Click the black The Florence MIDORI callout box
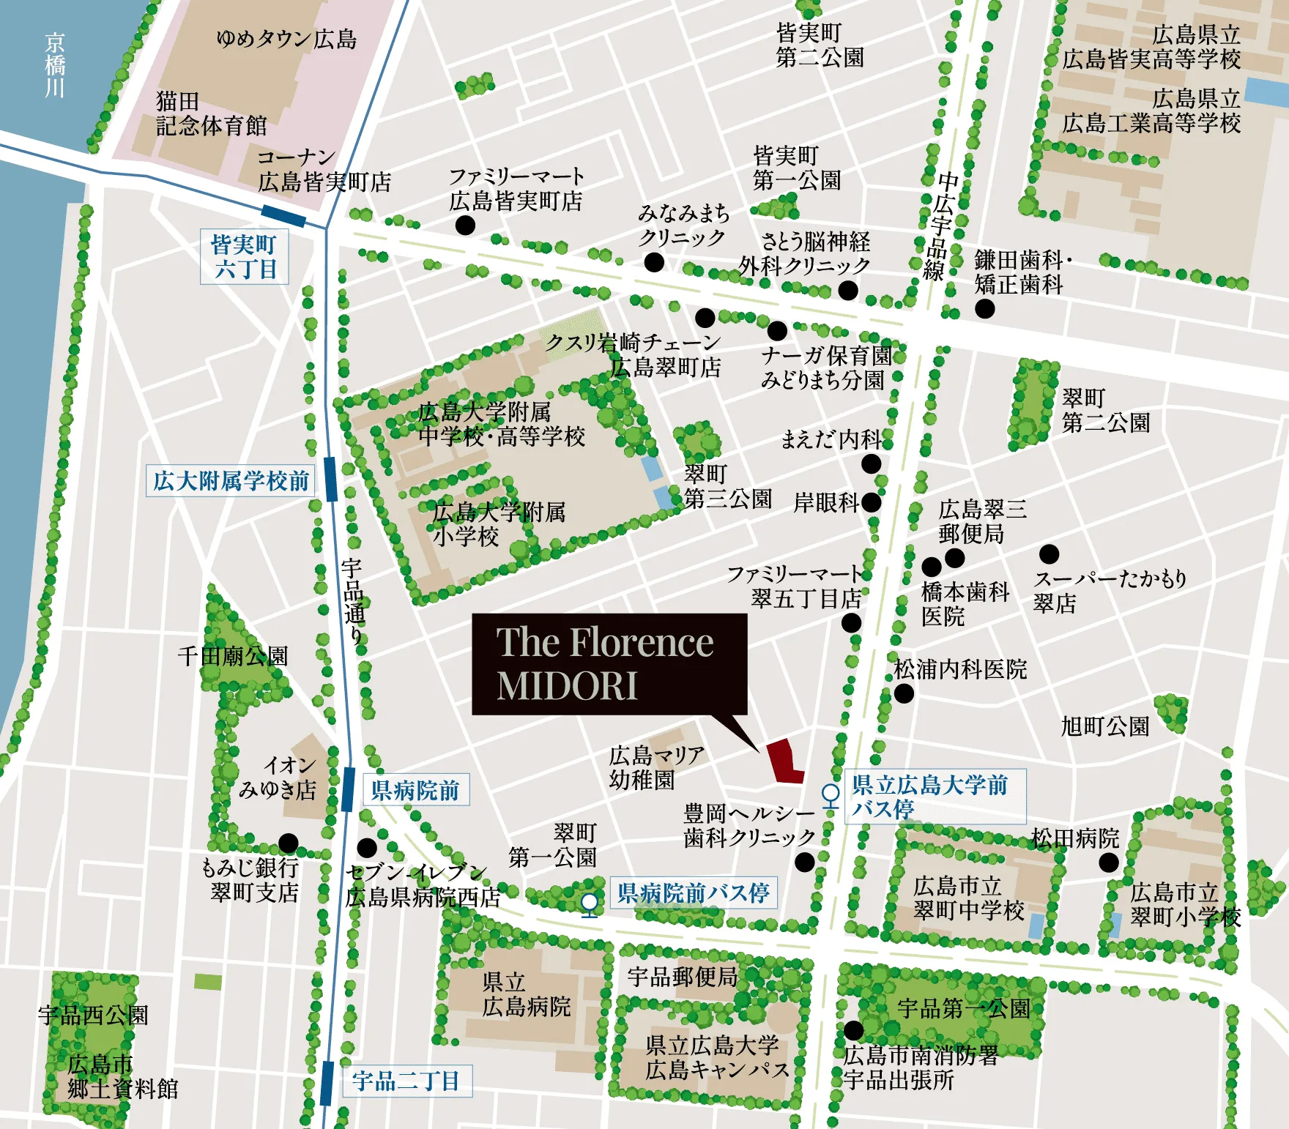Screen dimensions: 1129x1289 point(609,663)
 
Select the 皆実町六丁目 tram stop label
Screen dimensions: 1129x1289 point(244,256)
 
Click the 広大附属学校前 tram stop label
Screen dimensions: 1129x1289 point(231,481)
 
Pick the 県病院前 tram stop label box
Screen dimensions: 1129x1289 point(415,790)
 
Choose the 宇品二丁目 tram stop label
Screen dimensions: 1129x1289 point(406,1081)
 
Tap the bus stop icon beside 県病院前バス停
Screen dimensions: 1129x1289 point(590,903)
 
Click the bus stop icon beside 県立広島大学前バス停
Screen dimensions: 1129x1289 point(831,795)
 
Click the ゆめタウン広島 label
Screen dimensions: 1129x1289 point(286,38)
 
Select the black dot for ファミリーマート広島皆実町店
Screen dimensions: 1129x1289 point(465,225)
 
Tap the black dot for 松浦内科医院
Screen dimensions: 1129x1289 point(904,693)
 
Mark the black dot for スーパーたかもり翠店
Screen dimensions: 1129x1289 point(1049,554)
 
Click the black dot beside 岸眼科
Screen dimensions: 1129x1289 point(871,502)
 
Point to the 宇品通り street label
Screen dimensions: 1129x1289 point(353,600)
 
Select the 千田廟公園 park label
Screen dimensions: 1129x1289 point(233,655)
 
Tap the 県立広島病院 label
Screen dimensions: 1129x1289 point(525,994)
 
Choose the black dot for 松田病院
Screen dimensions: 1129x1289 point(1109,862)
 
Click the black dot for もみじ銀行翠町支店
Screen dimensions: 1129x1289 point(289,843)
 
